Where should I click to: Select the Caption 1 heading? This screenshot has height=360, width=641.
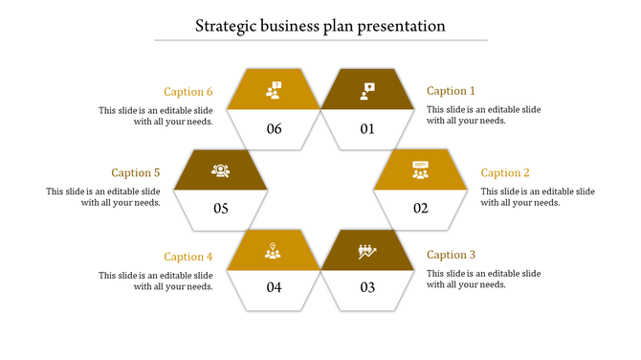click(451, 91)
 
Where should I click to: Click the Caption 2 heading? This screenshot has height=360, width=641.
click(505, 172)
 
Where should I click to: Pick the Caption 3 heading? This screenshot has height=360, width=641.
click(451, 255)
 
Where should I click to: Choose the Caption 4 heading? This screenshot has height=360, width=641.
click(188, 256)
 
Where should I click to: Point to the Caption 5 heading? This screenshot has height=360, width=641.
click(135, 173)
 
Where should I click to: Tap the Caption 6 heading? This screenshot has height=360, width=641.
click(188, 92)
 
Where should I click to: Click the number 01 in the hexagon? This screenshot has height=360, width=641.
click(367, 129)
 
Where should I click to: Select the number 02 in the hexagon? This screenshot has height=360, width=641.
click(421, 209)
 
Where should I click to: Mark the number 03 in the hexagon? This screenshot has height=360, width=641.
click(367, 287)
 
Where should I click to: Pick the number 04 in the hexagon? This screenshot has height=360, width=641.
click(275, 287)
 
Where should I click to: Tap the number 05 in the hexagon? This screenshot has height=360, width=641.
click(221, 209)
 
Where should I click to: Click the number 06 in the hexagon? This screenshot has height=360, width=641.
click(275, 129)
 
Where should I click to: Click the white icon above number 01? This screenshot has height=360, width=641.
click(367, 90)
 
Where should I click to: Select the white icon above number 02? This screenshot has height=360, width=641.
click(421, 169)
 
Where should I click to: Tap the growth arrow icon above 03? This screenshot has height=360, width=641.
click(367, 251)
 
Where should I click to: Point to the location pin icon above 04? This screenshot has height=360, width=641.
click(275, 251)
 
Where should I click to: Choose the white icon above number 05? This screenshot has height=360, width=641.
click(221, 170)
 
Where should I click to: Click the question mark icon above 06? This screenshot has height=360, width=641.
click(275, 90)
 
